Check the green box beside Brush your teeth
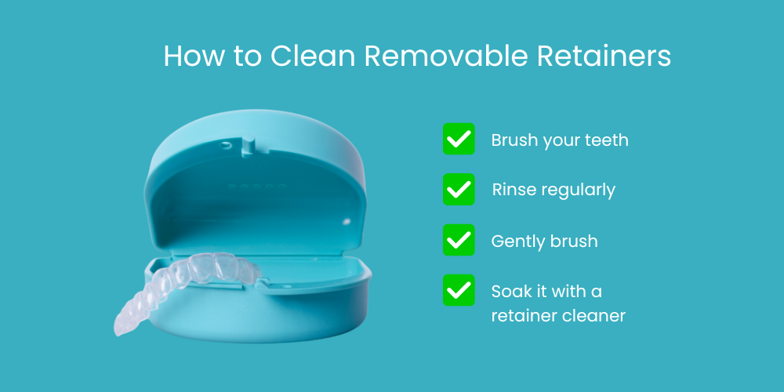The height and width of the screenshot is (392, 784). [459, 139]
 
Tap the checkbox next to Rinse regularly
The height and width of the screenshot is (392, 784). [459, 189]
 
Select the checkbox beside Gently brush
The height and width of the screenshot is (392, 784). [459, 240]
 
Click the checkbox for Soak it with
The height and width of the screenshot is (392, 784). [459, 290]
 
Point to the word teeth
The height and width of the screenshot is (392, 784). [607, 140]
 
